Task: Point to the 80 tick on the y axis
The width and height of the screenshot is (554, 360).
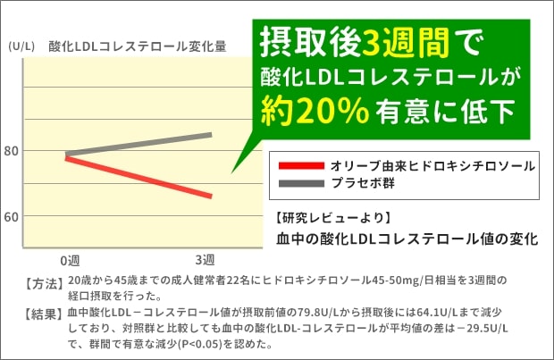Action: click(x=12, y=152)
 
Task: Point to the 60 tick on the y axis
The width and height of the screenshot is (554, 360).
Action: click(x=12, y=217)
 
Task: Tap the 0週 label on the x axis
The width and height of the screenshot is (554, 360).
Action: click(x=71, y=260)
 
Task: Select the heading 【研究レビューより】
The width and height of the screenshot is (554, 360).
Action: click(x=330, y=217)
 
